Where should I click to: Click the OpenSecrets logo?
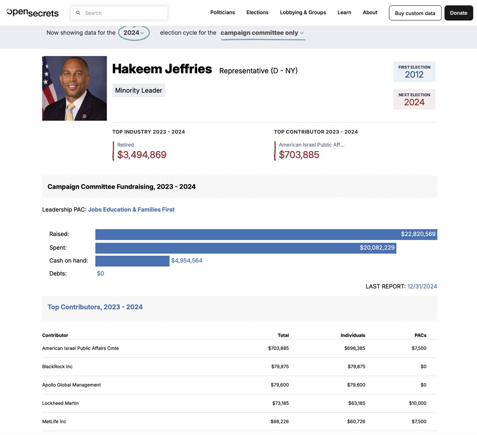pyautogui.click(x=33, y=13)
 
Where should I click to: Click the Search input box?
pyautogui.click(x=119, y=13)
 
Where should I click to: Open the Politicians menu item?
pyautogui.click(x=223, y=12)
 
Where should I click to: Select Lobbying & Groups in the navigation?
pyautogui.click(x=303, y=12)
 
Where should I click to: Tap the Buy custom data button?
pyautogui.click(x=415, y=13)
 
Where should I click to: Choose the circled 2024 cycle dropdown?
pyautogui.click(x=134, y=33)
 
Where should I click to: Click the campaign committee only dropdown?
pyautogui.click(x=262, y=33)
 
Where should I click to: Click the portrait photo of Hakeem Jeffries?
pyautogui.click(x=74, y=88)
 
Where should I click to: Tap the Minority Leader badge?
pyautogui.click(x=138, y=90)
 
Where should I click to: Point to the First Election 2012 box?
pyautogui.click(x=414, y=72)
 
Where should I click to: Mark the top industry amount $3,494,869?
pyautogui.click(x=142, y=155)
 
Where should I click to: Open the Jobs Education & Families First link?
pyautogui.click(x=131, y=210)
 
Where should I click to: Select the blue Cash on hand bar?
pyautogui.click(x=132, y=261)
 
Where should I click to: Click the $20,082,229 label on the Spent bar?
pyautogui.click(x=377, y=248)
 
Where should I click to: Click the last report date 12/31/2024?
pyautogui.click(x=422, y=286)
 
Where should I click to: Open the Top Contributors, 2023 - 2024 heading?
pyautogui.click(x=95, y=307)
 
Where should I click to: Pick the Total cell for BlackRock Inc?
pyautogui.click(x=280, y=367)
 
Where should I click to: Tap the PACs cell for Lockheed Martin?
pyautogui.click(x=417, y=403)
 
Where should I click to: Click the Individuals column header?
pyautogui.click(x=353, y=335)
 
